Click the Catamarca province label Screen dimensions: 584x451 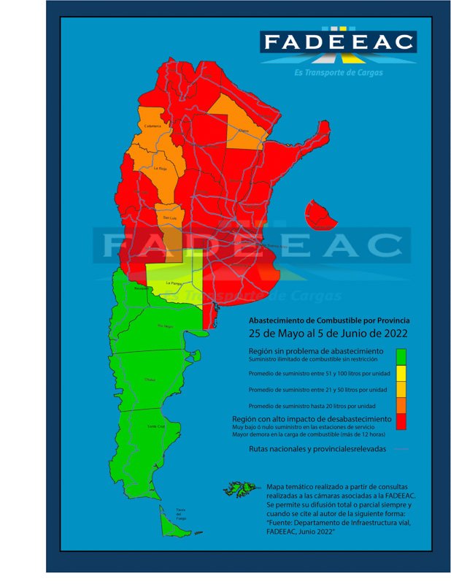coord(153,126)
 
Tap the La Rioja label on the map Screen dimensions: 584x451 coord(161,168)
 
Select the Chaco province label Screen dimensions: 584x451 coord(243,131)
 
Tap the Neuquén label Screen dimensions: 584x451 coord(141,288)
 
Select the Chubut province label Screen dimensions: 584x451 coord(150,380)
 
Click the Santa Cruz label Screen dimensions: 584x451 coord(155,426)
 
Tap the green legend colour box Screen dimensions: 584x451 coord(400,356)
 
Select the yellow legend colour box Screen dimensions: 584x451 coord(400,372)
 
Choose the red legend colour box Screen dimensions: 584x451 coord(400,421)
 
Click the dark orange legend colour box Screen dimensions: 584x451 coord(400,404)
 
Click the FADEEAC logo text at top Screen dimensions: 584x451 coord(339,42)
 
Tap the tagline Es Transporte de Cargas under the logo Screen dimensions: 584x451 coord(339,72)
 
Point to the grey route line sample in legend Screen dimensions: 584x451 coord(400,449)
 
